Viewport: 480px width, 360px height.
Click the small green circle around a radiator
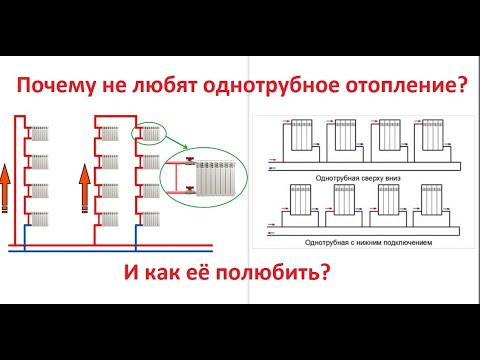click(148, 133)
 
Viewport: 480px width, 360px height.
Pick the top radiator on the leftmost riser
click(41, 133)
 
